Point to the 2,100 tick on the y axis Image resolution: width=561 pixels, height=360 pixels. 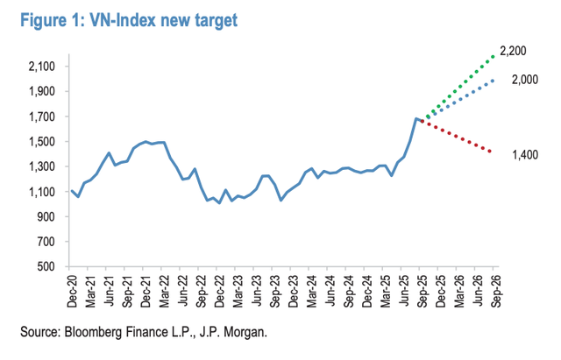pos(41,67)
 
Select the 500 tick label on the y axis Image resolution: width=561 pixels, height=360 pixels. pos(48,266)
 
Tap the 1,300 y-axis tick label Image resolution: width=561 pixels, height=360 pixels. pos(41,166)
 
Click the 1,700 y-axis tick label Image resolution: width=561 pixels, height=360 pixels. pos(41,116)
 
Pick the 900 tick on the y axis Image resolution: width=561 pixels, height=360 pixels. pos(48,216)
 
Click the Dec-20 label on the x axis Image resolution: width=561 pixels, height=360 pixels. pos(73,289)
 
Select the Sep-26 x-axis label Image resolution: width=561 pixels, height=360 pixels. pos(495,289)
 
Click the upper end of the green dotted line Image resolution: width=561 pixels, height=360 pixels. pos(494,57)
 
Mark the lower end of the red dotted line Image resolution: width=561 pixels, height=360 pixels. pos(491,152)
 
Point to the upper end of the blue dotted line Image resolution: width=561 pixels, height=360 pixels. pos(494,81)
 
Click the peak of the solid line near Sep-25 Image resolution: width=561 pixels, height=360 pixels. pos(416,118)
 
